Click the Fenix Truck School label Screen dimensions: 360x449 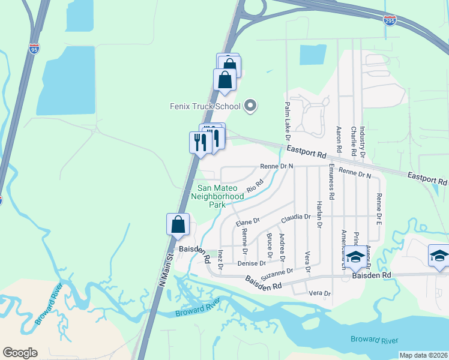click(204, 107)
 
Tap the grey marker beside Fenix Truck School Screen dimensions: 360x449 click(252, 107)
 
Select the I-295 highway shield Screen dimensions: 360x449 click(390, 20)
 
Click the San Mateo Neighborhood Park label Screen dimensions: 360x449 click(217, 195)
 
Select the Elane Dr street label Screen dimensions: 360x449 click(247, 222)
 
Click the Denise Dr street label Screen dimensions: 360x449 click(252, 263)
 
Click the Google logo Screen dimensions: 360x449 click(20, 353)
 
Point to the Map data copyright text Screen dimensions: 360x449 click(423, 355)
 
